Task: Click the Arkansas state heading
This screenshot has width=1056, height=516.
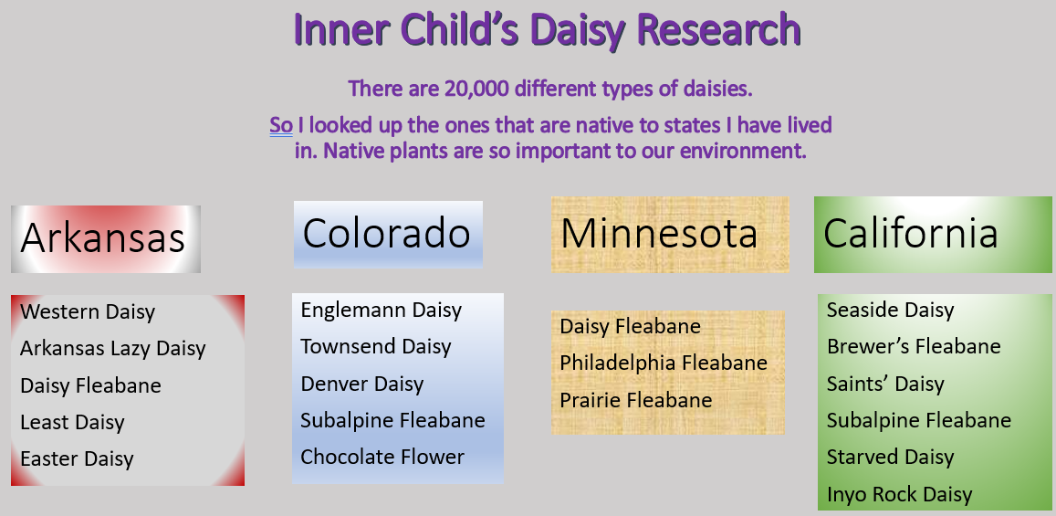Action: [103, 238]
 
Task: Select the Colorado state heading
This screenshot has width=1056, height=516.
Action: [387, 234]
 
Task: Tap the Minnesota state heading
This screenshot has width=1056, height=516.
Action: [659, 233]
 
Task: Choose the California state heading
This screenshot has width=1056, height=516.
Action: [911, 233]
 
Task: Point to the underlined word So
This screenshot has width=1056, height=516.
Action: [281, 125]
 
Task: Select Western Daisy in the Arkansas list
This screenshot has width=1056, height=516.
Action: [88, 312]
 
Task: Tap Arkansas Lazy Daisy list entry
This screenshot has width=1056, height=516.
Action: [112, 348]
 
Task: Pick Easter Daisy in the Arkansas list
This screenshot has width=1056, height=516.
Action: [77, 458]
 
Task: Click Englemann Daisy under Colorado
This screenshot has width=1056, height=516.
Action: [382, 310]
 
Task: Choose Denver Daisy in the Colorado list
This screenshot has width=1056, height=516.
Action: [361, 384]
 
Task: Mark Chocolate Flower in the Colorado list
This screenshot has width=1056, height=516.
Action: [382, 457]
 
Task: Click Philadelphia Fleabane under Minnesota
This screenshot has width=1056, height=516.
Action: [664, 363]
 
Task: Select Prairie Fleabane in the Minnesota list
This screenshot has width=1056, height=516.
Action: [636, 400]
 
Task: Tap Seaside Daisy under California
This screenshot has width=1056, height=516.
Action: [890, 310]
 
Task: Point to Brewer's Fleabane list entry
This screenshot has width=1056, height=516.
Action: [914, 346]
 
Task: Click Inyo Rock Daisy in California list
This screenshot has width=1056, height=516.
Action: [899, 494]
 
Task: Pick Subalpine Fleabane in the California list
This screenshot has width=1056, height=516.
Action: [919, 420]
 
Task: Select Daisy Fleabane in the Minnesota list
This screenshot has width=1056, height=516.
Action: [631, 326]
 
